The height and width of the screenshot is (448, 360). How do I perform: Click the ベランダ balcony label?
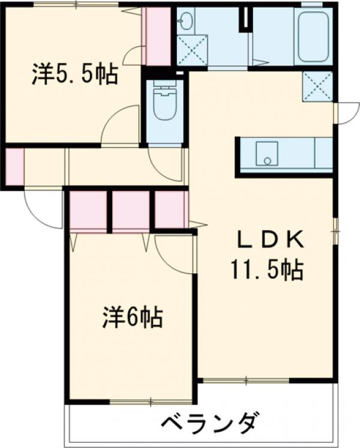pos(210,423)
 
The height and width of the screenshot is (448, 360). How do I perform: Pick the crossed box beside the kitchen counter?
pos(317,86)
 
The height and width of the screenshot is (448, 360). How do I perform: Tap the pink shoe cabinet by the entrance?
pos(14,165)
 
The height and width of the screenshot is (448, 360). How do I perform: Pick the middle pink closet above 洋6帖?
pos(131,211)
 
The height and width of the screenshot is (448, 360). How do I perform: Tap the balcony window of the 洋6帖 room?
pos(150,401)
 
